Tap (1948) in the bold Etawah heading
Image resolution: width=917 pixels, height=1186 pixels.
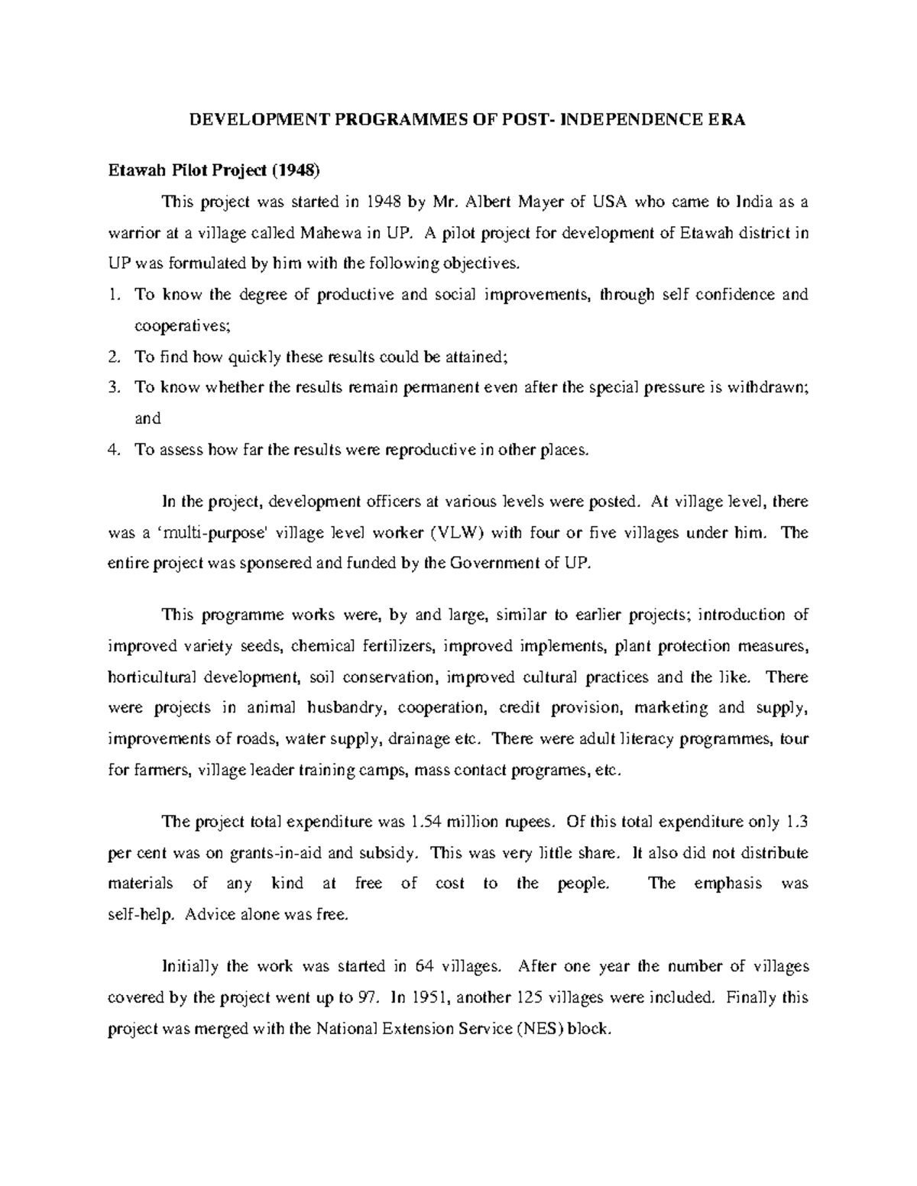click(293, 170)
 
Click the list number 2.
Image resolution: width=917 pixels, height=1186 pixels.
click(113, 356)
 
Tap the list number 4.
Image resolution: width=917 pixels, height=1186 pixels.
click(113, 450)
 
